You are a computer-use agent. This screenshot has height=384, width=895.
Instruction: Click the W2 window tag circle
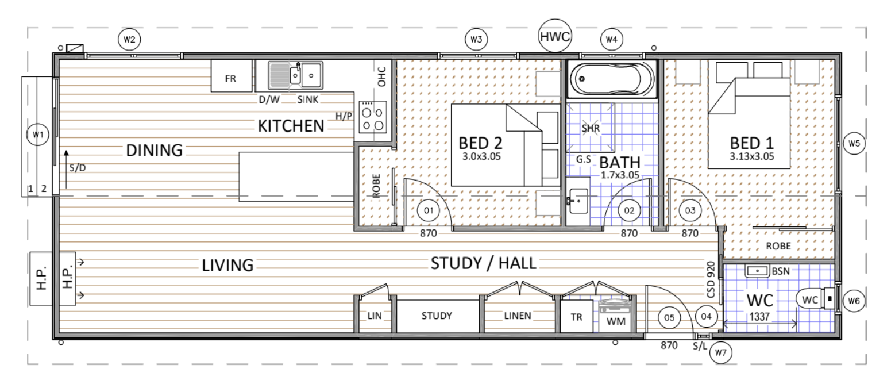pos(129,39)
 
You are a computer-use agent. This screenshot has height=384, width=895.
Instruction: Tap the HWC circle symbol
pos(555,36)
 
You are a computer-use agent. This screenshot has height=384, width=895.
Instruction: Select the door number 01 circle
pos(429,210)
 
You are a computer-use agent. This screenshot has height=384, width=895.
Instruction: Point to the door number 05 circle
pos(669,317)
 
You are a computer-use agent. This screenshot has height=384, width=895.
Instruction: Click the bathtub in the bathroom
pos(612,79)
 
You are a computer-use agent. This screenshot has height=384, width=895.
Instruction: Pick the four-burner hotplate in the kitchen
pos(373,117)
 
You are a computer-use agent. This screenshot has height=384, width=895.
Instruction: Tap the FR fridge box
pos(232,76)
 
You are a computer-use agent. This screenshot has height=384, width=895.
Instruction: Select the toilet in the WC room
pos(816,299)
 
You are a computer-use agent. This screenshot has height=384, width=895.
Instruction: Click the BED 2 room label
pos(480,143)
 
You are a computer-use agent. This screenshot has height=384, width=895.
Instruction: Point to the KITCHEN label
pos(291,126)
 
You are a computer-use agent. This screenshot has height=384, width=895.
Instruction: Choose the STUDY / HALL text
pos(484,263)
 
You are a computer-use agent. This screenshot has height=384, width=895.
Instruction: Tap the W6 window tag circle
pos(854,301)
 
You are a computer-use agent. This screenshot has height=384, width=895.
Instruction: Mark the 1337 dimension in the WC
pos(759,317)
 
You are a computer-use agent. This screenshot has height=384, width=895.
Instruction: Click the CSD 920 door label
pos(711,279)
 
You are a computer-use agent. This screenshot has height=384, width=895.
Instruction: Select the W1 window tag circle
pos(38,135)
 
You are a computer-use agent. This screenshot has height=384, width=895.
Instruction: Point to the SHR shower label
pos(591,128)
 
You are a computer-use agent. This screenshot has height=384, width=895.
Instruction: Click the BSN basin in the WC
pos(757,271)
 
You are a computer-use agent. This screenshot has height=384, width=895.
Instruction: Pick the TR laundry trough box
pos(577,316)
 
